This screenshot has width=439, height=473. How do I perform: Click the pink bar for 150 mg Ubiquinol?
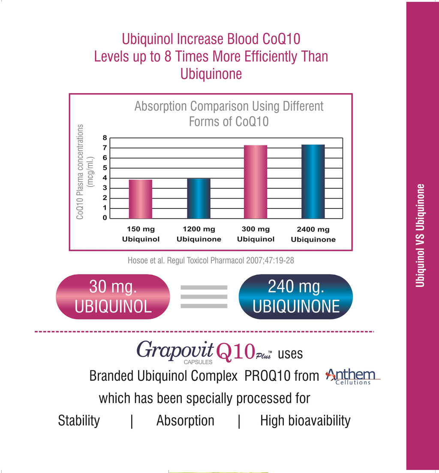140,199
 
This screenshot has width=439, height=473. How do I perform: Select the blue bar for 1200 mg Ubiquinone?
198,199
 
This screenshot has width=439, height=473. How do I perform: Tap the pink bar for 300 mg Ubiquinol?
256,182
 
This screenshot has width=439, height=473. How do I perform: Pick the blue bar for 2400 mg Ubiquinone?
313,182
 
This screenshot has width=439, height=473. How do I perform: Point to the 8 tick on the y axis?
104,138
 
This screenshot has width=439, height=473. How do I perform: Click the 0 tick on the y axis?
104,218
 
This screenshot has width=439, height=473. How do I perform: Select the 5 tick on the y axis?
104,168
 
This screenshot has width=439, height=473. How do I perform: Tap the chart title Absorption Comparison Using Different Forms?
229,114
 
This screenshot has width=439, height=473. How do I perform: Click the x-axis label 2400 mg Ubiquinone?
313,235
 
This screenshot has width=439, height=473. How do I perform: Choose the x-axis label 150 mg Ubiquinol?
141,234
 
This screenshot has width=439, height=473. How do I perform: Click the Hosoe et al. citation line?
210,260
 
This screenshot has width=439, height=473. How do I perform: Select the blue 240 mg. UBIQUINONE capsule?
296,297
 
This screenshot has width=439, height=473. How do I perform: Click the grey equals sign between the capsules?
204,297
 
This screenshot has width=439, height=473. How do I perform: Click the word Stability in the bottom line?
79,421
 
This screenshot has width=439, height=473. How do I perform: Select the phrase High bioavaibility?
305,421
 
